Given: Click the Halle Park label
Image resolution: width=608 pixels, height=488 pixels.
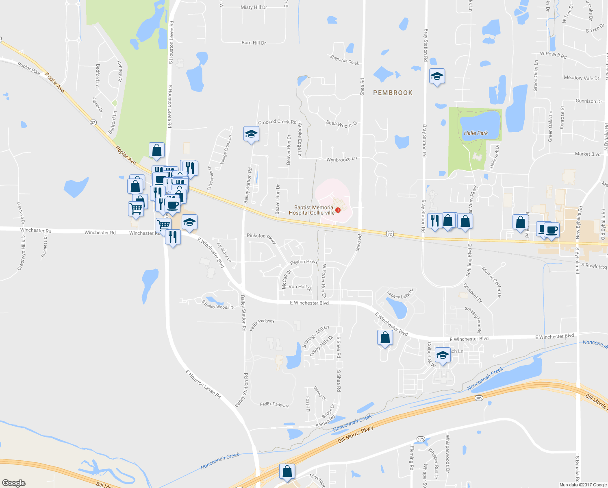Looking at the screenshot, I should click(476, 133).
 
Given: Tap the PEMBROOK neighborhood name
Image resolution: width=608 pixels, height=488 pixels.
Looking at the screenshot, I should click(393, 93).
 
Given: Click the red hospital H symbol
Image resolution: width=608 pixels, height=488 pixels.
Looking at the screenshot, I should click(338, 210).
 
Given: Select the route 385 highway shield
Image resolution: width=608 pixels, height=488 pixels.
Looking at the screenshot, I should click(479, 398).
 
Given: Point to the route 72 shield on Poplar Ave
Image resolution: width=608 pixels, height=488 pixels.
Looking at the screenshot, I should click(390, 234).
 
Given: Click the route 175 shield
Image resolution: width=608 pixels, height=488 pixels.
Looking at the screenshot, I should click(421, 439).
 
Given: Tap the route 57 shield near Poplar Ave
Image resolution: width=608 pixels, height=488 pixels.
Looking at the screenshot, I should click(93, 122).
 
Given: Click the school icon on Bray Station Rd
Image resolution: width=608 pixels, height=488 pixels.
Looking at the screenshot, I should click(437, 76).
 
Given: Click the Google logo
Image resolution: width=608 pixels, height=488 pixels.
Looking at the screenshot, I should click(13, 483).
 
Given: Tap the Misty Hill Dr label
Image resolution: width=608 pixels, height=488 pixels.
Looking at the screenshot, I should click(254, 7).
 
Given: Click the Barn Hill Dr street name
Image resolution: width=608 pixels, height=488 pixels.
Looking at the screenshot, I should click(254, 43).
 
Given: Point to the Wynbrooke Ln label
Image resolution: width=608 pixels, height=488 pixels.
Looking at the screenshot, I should click(341, 159).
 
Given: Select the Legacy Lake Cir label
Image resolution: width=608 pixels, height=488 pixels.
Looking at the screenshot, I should click(400, 294).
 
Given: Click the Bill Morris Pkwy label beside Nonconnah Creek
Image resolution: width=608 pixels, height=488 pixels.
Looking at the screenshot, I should click(355, 435).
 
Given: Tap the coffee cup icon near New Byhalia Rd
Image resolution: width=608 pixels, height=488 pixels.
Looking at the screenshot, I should click(552, 230).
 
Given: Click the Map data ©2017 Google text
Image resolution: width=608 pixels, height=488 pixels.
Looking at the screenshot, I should click(583, 485).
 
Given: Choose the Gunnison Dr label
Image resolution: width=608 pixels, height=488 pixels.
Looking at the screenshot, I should click(588, 101).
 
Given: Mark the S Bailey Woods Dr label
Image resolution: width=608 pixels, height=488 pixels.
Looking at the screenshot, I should click(219, 305).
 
